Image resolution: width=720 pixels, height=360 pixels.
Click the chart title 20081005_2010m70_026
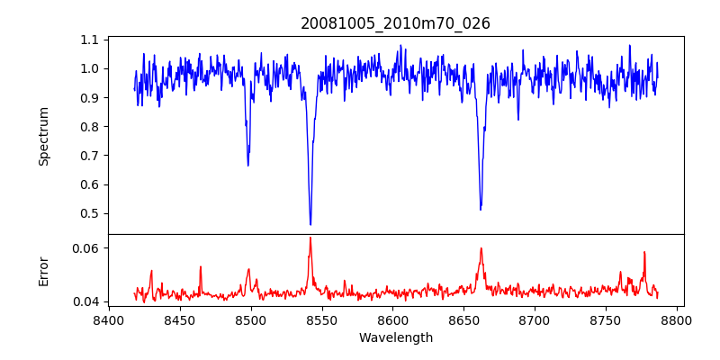(x=395, y=23)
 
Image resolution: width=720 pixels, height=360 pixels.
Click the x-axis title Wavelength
(x=395, y=337)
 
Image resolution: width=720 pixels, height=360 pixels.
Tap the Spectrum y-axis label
(x=43, y=136)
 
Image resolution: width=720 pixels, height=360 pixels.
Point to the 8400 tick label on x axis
(x=108, y=319)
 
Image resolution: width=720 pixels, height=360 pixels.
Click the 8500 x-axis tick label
(x=250, y=319)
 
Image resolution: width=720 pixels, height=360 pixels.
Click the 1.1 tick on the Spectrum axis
(x=90, y=40)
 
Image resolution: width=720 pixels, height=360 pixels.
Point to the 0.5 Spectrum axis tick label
(x=90, y=214)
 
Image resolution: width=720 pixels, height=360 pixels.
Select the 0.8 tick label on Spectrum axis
(x=90, y=127)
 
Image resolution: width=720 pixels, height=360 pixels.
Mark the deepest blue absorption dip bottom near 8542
(x=310, y=224)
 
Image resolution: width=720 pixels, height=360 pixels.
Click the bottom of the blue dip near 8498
(x=248, y=166)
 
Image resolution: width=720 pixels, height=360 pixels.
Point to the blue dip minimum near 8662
(x=481, y=210)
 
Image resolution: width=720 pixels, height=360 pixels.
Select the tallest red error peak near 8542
(x=310, y=238)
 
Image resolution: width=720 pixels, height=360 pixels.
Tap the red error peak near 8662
(x=481, y=248)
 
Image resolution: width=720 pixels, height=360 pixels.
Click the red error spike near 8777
(x=644, y=253)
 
